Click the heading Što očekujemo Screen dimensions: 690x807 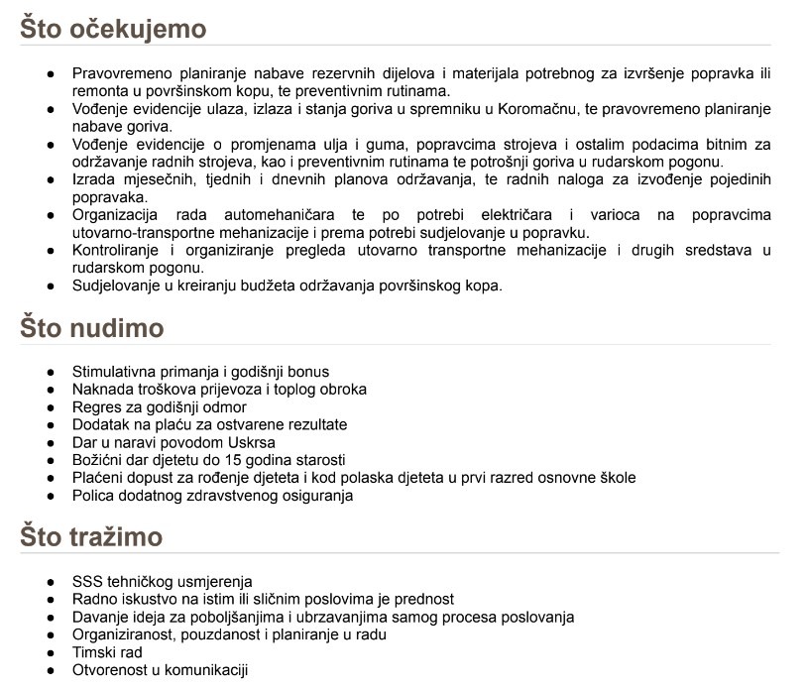pyautogui.click(x=113, y=29)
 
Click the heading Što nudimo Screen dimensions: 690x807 pyautogui.click(x=92, y=328)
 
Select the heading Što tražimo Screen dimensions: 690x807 pyautogui.click(x=91, y=537)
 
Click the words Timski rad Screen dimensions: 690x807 pyautogui.click(x=107, y=652)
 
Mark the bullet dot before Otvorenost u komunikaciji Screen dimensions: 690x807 pyautogui.click(x=51, y=671)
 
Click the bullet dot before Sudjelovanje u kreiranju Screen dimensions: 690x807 pyautogui.click(x=51, y=287)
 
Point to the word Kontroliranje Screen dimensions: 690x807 pyautogui.click(x=120, y=251)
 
